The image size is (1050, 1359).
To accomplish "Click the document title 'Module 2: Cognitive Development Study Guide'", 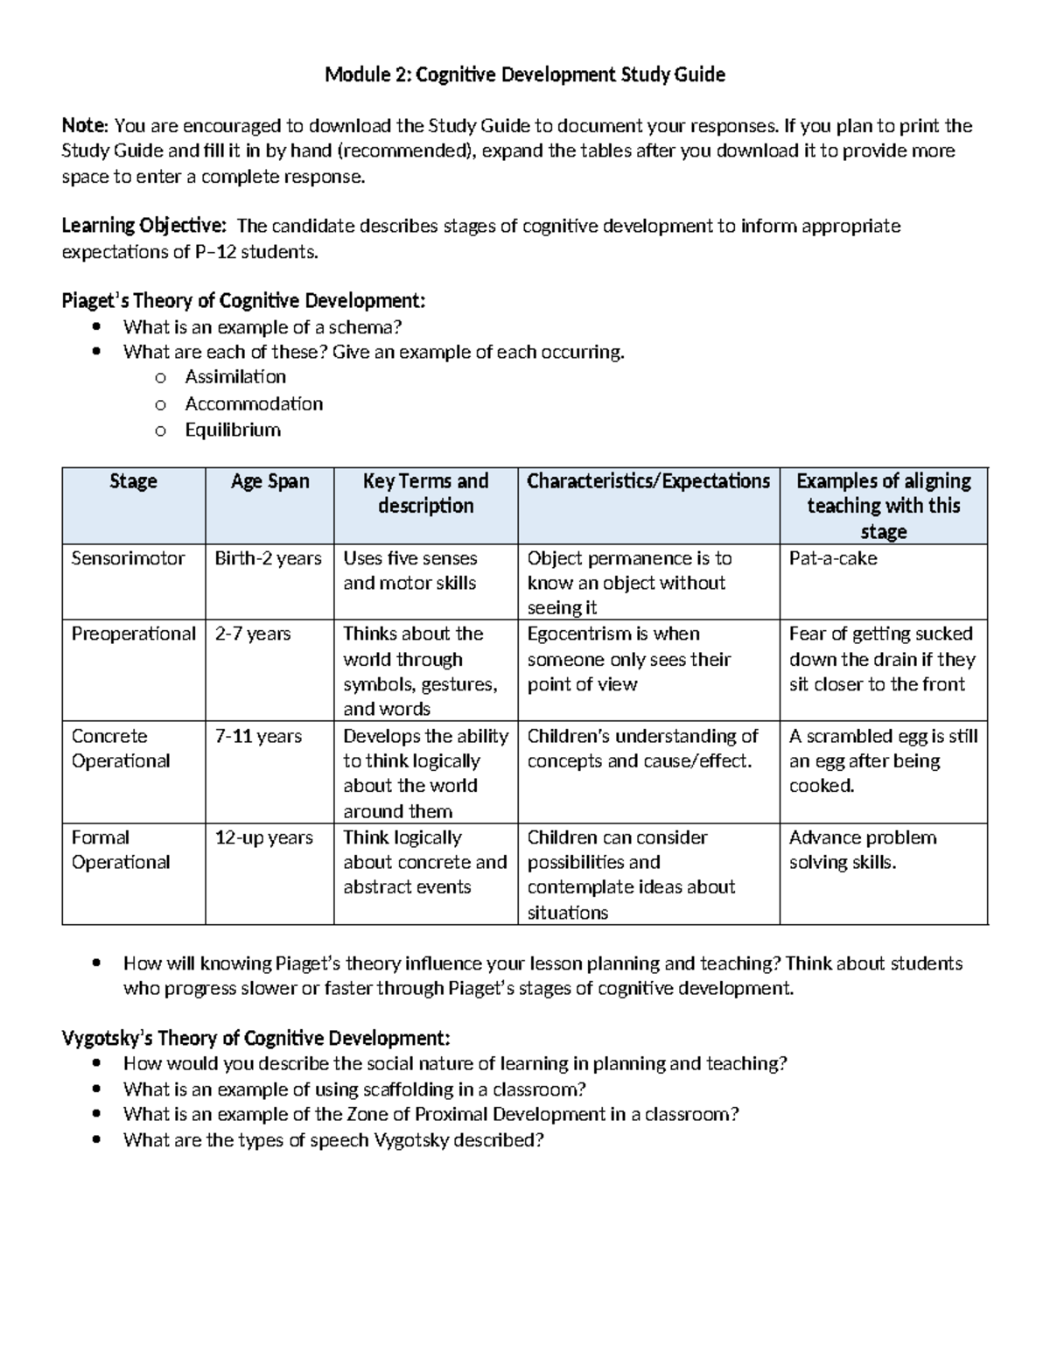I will [524, 74].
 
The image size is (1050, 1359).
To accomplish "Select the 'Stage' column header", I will [133, 481].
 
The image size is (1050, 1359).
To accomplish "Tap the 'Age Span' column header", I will [269, 481].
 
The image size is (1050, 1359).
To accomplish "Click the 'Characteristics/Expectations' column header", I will [647, 481].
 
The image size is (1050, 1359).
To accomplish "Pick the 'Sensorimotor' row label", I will [128, 558].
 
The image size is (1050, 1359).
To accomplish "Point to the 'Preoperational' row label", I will [133, 634].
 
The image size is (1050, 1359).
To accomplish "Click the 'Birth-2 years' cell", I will [268, 558].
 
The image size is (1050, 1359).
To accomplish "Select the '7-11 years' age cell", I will [258, 736].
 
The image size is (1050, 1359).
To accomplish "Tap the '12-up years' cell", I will [263, 837].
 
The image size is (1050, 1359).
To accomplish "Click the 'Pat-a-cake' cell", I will [832, 558].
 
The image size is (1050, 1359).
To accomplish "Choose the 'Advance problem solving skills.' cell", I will [862, 850].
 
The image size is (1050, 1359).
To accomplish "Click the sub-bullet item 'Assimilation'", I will [235, 377].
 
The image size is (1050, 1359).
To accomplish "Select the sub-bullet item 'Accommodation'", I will [254, 403].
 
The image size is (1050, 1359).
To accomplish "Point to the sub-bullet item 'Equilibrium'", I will [233, 430].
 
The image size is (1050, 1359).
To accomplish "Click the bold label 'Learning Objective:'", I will [143, 226].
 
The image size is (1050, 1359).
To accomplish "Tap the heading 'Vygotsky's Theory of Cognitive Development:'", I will [255, 1038].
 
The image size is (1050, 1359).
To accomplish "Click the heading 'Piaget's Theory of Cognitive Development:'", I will [243, 301].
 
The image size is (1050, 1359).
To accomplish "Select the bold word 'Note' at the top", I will [83, 125].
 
